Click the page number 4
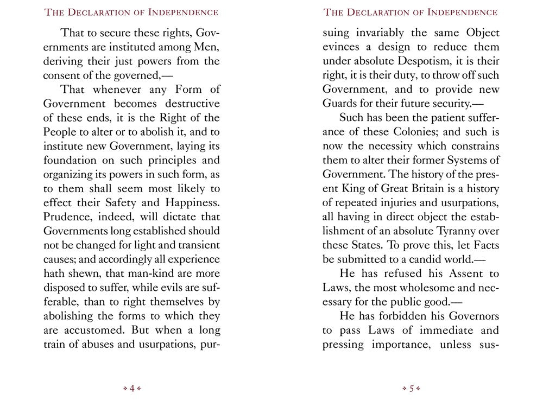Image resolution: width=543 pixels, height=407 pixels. tap(132, 389)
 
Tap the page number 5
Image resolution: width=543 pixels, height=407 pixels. tap(412, 389)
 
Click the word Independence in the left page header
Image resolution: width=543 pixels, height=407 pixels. tap(179, 12)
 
